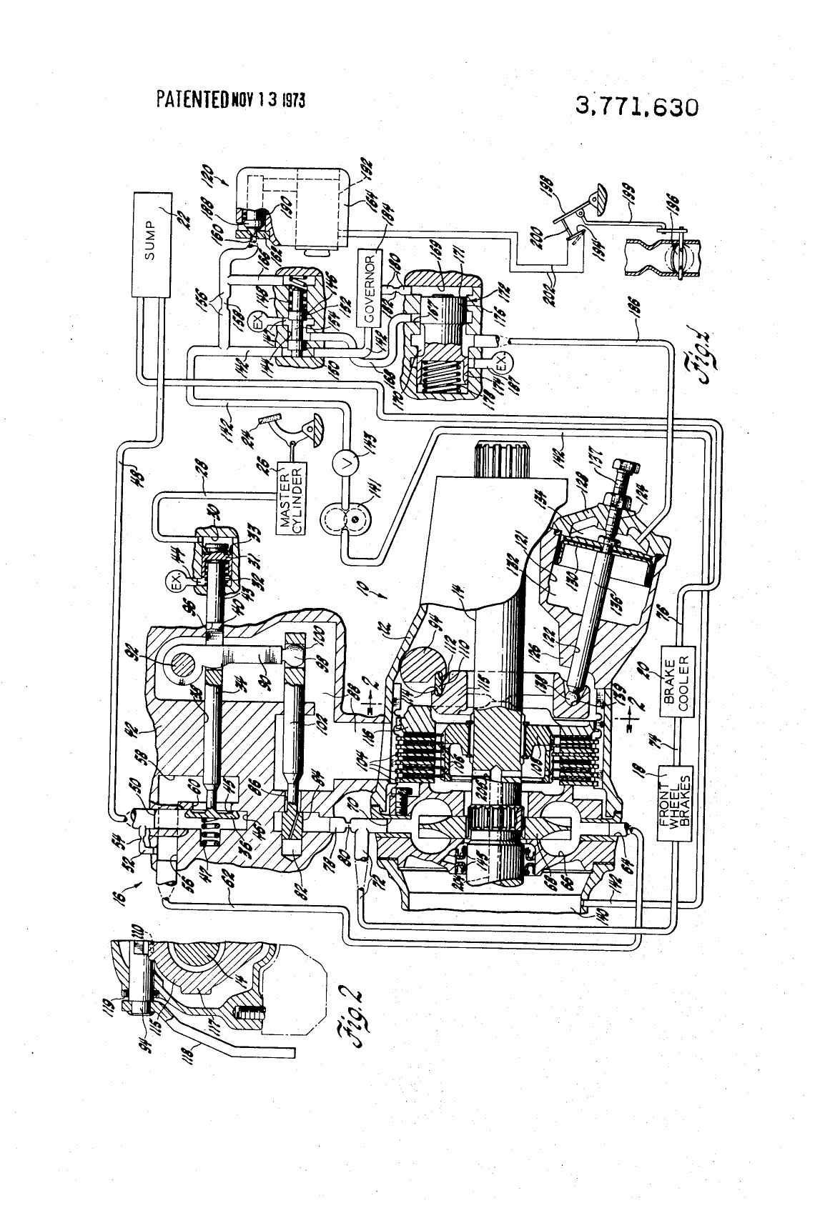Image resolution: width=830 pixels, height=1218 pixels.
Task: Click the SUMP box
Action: [x=151, y=245]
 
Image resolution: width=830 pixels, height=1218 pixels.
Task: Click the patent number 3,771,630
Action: [x=636, y=107]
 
